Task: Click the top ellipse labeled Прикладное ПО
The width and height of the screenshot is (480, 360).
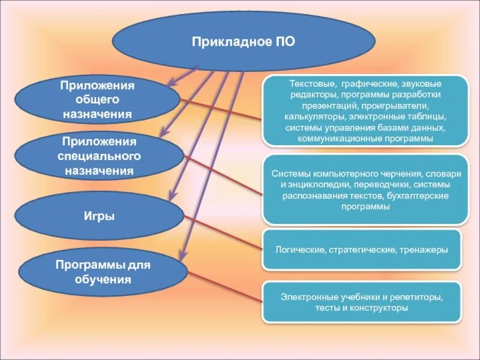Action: click(243, 42)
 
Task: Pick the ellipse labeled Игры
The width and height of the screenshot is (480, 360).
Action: click(99, 216)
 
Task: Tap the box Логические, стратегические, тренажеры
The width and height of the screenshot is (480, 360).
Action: click(362, 249)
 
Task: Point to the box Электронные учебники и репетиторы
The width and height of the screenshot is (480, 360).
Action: click(362, 302)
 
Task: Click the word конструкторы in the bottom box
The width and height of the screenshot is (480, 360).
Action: click(379, 308)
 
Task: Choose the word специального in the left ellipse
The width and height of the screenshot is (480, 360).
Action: click(99, 157)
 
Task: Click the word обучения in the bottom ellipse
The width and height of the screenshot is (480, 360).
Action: click(103, 279)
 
